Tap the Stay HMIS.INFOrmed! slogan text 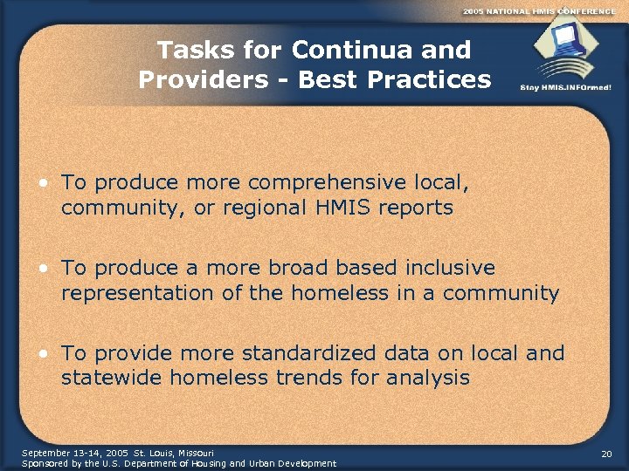[565, 88]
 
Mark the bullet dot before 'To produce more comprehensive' [43, 183]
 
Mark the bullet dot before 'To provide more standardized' [43, 353]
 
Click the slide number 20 [606, 455]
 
